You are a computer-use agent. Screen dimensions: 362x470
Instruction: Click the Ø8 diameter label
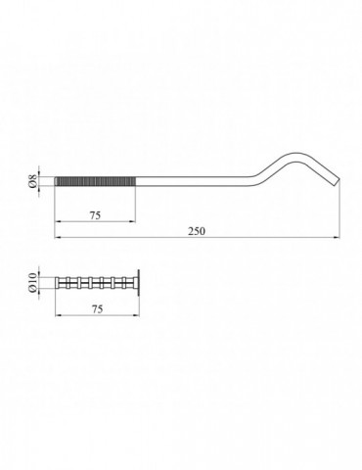[32, 181]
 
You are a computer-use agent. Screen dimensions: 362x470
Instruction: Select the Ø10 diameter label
[32, 283]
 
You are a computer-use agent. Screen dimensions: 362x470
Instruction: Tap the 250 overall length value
[197, 231]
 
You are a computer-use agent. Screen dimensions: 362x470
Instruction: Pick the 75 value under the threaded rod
[95, 215]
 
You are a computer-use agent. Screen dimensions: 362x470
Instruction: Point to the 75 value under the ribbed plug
[97, 308]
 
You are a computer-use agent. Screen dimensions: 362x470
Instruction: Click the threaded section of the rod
[95, 181]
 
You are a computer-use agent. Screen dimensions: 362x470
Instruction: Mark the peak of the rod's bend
[296, 155]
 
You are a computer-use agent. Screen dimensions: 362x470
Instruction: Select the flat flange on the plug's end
[138, 283]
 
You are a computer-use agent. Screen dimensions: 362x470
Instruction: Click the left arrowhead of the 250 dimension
[57, 238]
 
